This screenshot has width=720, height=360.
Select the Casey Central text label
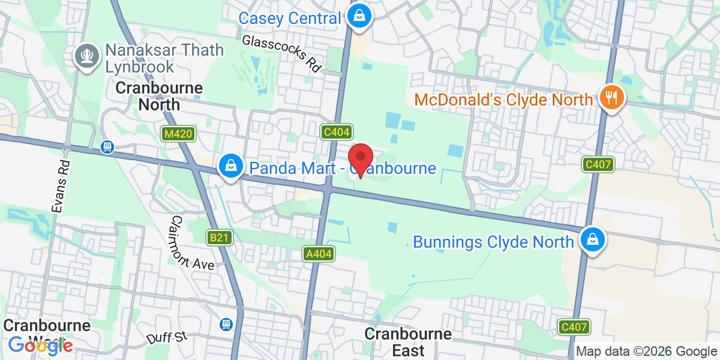pyautogui.click(x=289, y=18)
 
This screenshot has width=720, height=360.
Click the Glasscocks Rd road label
pyautogui.click(x=282, y=52)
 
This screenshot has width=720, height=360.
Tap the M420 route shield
pyautogui.click(x=178, y=134)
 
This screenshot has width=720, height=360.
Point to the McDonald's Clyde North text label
pyautogui.click(x=504, y=99)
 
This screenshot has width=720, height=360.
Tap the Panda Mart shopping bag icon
pyautogui.click(x=230, y=166)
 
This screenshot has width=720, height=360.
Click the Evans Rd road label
pyautogui.click(x=61, y=186)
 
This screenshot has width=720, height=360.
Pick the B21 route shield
pyautogui.click(x=220, y=238)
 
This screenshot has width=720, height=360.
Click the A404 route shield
pyautogui.click(x=318, y=254)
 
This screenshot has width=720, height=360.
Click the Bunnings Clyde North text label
pyautogui.click(x=493, y=242)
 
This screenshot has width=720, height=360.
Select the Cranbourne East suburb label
pyautogui.click(x=408, y=342)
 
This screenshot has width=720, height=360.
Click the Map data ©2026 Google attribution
pyautogui.click(x=647, y=352)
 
